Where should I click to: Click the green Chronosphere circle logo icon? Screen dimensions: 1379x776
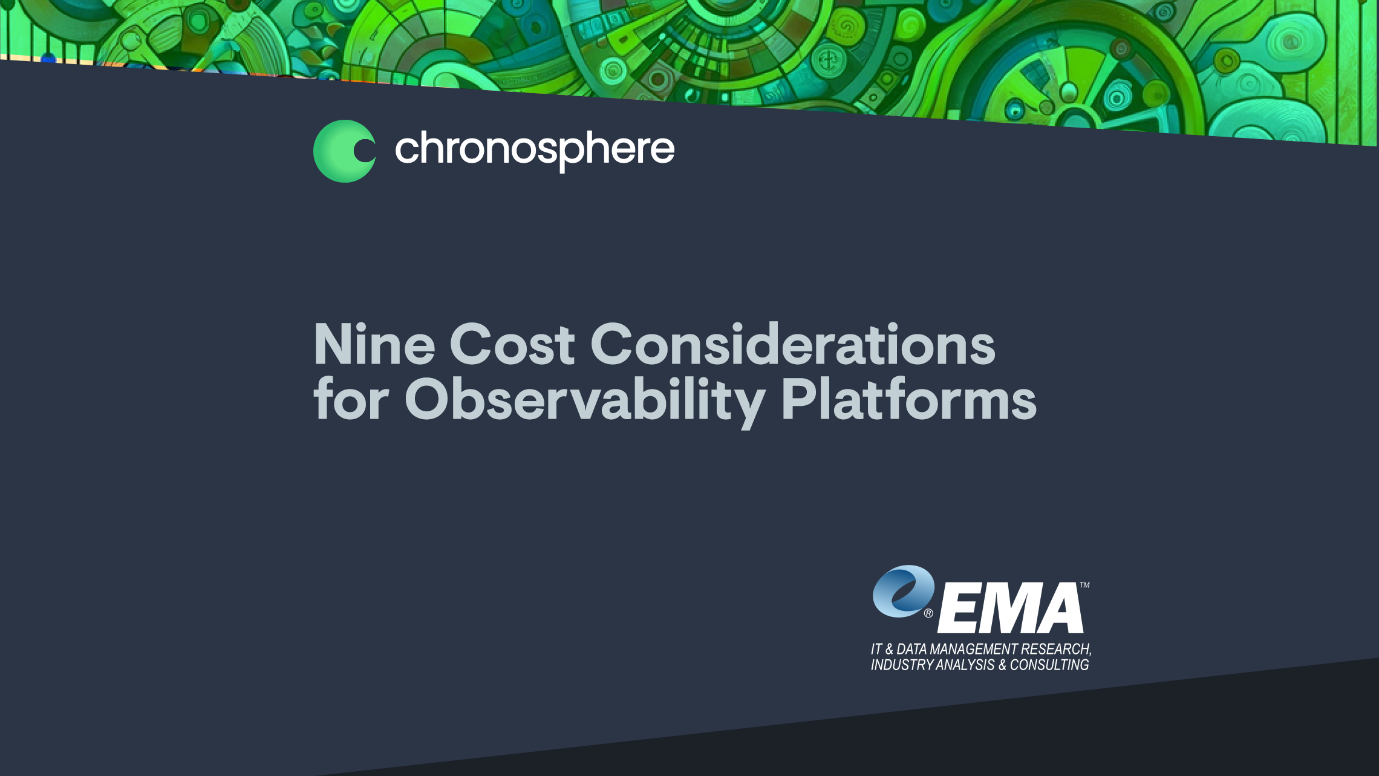click(344, 151)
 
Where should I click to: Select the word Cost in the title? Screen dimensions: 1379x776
click(512, 344)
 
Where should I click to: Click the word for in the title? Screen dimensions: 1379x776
click(351, 399)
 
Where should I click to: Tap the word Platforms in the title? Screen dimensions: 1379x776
click(909, 399)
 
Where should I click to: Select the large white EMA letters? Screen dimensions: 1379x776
click(1010, 608)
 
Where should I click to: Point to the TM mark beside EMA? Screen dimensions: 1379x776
click(1085, 585)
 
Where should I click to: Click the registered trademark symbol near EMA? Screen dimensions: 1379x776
click(928, 613)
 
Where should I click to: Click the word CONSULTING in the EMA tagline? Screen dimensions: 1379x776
click(1049, 665)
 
